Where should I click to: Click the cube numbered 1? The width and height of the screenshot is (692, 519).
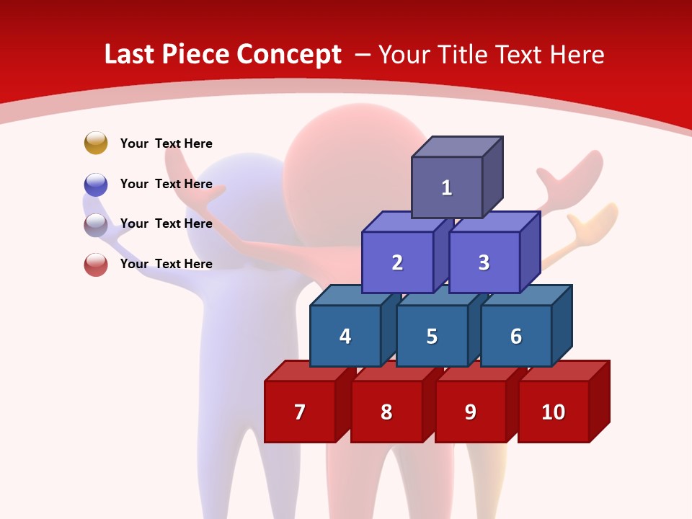click(x=447, y=187)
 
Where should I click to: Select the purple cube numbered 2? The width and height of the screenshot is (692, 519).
click(x=397, y=262)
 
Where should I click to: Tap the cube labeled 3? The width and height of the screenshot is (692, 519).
click(x=484, y=262)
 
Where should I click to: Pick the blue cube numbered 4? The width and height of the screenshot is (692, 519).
click(x=345, y=336)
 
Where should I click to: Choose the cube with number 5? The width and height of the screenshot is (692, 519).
click(x=432, y=336)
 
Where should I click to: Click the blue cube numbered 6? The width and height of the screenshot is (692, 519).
click(x=515, y=336)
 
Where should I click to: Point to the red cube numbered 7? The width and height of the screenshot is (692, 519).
click(x=300, y=412)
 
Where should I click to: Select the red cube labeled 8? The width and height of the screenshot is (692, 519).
click(x=386, y=412)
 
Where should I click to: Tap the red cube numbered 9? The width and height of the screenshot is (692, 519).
click(x=470, y=412)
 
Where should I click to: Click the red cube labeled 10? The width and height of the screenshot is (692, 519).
click(x=553, y=412)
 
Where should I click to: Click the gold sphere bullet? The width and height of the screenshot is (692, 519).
click(x=96, y=143)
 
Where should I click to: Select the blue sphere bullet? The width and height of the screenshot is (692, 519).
click(x=96, y=184)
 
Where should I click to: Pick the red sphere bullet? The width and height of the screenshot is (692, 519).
click(x=96, y=264)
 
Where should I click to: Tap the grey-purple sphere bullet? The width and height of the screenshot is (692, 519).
click(x=96, y=224)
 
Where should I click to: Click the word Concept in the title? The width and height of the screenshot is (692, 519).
click(x=288, y=55)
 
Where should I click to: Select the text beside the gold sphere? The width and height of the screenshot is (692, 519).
click(x=166, y=143)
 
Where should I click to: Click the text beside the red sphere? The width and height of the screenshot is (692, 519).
click(x=166, y=264)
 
